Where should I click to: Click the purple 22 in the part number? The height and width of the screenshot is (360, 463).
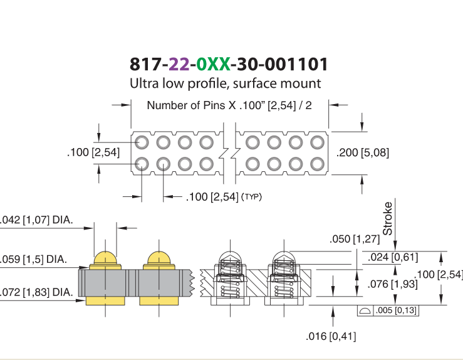click(x=179, y=64)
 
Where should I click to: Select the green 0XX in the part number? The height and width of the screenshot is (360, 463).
click(x=213, y=64)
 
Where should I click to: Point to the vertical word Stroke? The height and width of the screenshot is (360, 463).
click(x=387, y=218)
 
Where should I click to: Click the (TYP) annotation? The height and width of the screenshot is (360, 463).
click(x=252, y=197)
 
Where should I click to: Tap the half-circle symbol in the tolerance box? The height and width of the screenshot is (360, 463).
click(x=365, y=310)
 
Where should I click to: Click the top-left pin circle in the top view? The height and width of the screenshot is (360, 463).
click(x=142, y=142)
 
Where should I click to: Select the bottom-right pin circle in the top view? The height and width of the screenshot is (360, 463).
click(x=318, y=164)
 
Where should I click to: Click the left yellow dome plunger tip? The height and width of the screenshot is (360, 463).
click(x=105, y=258)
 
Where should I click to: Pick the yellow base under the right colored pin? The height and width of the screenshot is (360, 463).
click(x=159, y=301)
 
